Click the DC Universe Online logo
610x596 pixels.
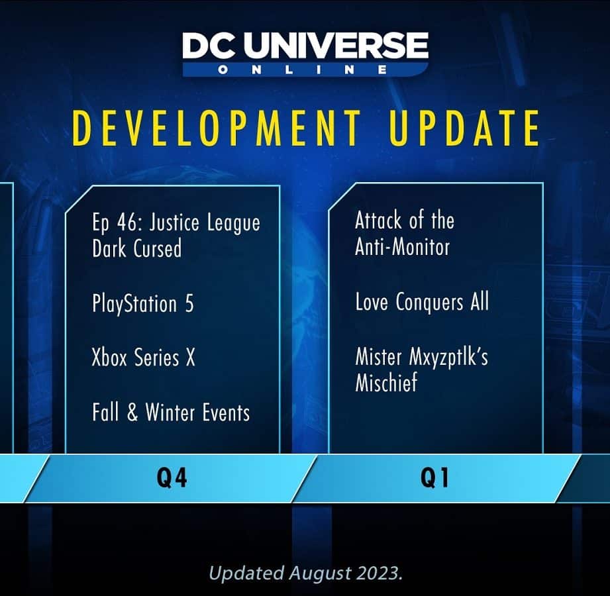coord(305,53)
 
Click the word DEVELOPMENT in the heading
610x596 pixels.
coord(217,128)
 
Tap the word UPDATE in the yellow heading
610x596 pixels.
coord(464,128)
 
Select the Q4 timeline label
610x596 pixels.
coord(172,477)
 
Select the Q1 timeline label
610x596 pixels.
coord(434,477)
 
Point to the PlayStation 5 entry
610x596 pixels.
coord(143,303)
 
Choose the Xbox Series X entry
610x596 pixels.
coord(143,357)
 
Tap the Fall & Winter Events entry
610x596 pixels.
coord(171,412)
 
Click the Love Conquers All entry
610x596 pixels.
coord(422,302)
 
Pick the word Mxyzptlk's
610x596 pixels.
coord(448,357)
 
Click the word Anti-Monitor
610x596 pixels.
coord(402,246)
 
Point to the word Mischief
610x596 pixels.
coord(386,381)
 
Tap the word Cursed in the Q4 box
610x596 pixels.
coord(158,248)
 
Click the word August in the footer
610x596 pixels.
coord(320,573)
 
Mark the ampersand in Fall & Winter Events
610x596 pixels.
coord(132,412)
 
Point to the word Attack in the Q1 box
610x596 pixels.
coord(378,221)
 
